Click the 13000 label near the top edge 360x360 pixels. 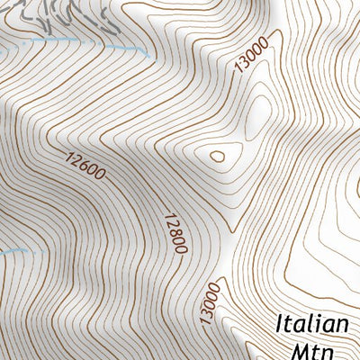249,64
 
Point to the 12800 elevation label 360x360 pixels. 175,232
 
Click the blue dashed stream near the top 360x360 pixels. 90,42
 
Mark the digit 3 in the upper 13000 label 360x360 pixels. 242,72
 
